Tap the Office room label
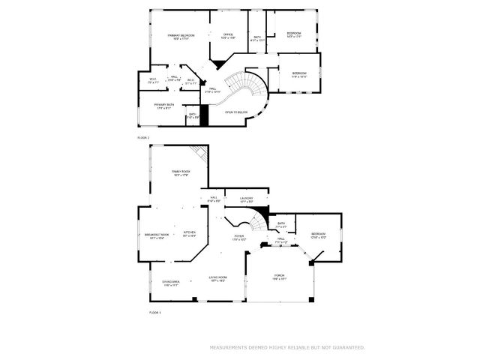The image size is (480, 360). pyautogui.click(x=228, y=35)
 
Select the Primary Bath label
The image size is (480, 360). pyautogui.click(x=164, y=106)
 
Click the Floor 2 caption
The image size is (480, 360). pyautogui.click(x=143, y=138)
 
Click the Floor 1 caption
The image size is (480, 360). pyautogui.click(x=155, y=311)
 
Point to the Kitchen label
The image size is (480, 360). pyautogui.click(x=189, y=233)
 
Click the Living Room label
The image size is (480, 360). pyautogui.click(x=217, y=278)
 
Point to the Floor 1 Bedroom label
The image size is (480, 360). pyautogui.click(x=319, y=235)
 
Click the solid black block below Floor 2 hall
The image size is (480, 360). pyautogui.click(x=202, y=118)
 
